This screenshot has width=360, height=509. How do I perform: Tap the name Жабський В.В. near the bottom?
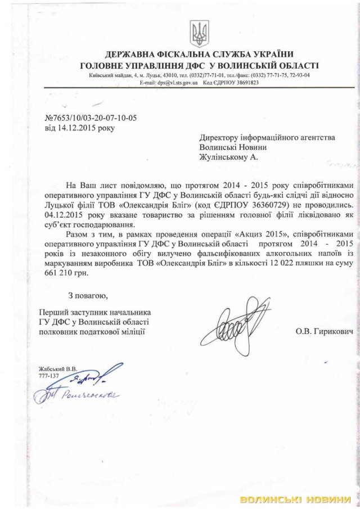tap(58, 368)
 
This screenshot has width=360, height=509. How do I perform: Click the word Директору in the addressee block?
tap(224, 137)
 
